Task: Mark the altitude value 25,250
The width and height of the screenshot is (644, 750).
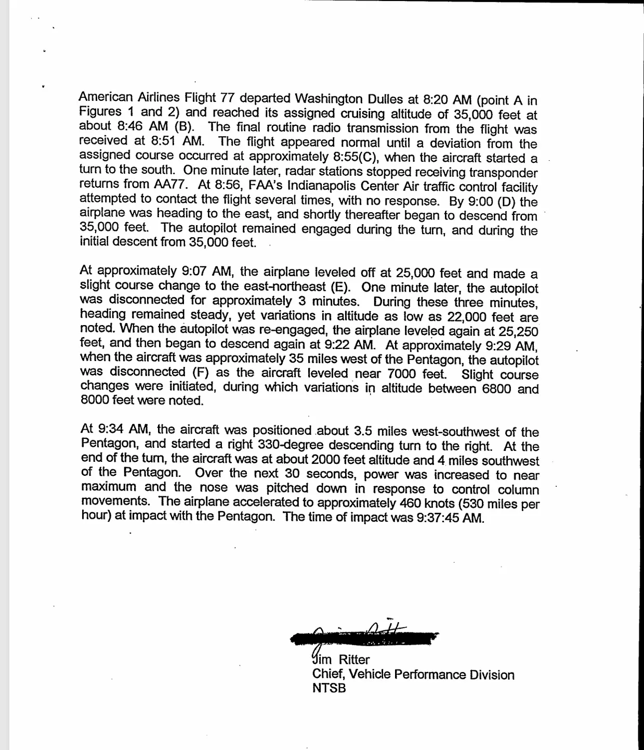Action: point(518,331)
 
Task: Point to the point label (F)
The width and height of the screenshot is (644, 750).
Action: point(200,372)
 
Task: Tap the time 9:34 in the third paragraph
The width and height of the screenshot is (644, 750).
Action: point(110,430)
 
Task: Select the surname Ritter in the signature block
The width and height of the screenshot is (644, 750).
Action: point(354,660)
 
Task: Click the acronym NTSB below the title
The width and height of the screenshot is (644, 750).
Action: point(329,689)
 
